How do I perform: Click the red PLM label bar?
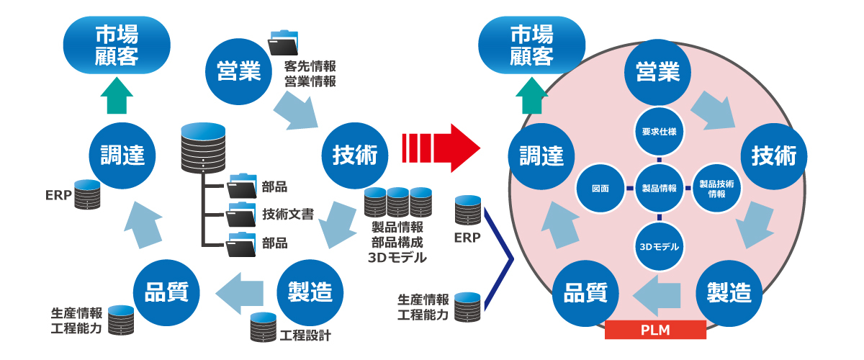pos(655,330)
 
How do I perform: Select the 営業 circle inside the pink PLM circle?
pos(657,72)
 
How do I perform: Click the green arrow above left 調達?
pos(116,95)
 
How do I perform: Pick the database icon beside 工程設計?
pos(263,328)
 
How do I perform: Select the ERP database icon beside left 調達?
pos(86,194)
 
